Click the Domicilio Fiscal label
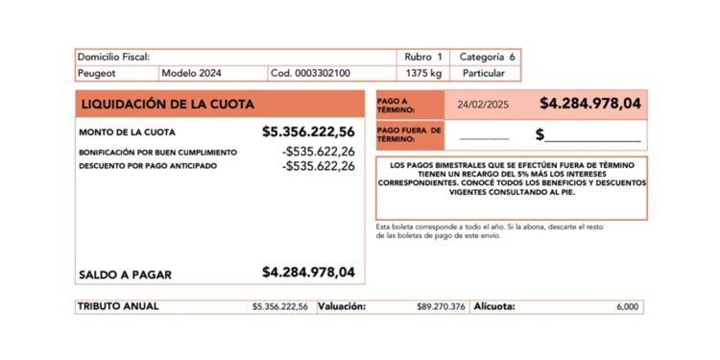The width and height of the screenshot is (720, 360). (113, 58)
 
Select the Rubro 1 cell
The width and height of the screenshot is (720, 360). (424, 58)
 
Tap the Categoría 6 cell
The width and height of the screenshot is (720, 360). (488, 58)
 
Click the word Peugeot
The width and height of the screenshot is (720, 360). (97, 73)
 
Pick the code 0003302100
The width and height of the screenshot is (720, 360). (310, 73)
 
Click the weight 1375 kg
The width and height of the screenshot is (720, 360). (423, 73)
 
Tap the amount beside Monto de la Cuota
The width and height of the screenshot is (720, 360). (308, 132)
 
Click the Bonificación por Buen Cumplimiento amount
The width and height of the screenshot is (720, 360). (319, 152)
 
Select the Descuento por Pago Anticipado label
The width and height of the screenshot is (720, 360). (148, 166)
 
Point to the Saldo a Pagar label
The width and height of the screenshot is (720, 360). (125, 275)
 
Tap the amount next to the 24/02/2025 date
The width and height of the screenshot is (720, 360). (590, 104)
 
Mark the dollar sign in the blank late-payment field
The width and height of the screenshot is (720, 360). (540, 134)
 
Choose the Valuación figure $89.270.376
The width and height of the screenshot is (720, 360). (442, 307)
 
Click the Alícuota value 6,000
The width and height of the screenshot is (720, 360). (627, 307)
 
